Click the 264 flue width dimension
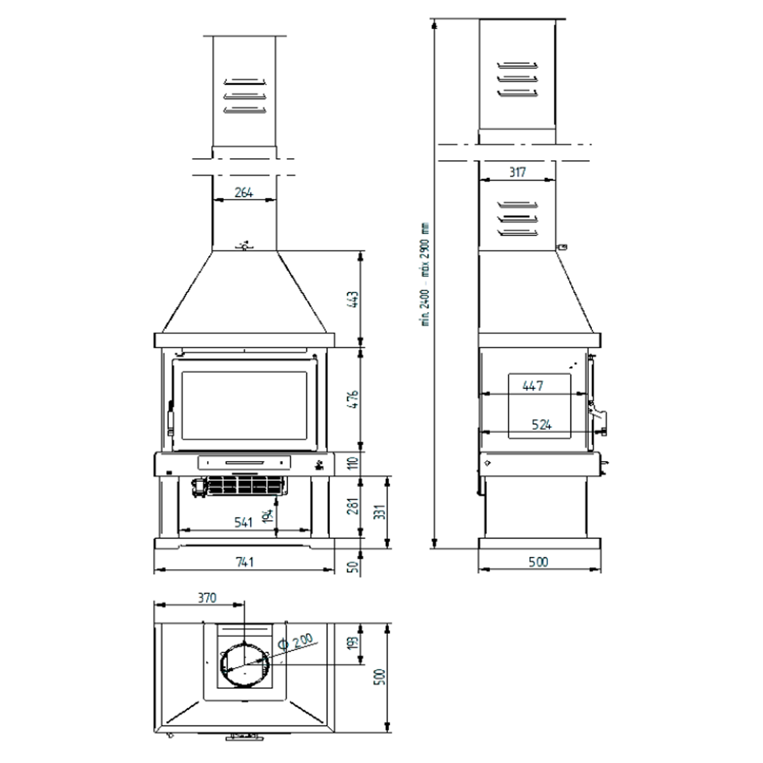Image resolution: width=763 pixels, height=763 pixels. coord(244,192)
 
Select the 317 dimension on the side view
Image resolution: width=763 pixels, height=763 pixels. coord(518,172)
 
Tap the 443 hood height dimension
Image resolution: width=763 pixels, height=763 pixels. coord(354,300)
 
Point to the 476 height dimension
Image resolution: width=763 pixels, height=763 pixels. coord(354,399)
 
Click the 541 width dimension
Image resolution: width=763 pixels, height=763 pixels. coord(244,522)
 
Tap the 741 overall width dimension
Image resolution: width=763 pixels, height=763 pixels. coord(244,561)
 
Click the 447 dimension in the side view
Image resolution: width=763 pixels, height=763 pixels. coord(532,385)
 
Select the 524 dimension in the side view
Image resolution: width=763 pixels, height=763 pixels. coord(541,425)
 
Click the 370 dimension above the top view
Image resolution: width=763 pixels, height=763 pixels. coord(207,598)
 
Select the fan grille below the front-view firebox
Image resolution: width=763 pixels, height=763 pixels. coord(245,486)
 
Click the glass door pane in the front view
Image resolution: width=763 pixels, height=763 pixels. coord(244,404)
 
